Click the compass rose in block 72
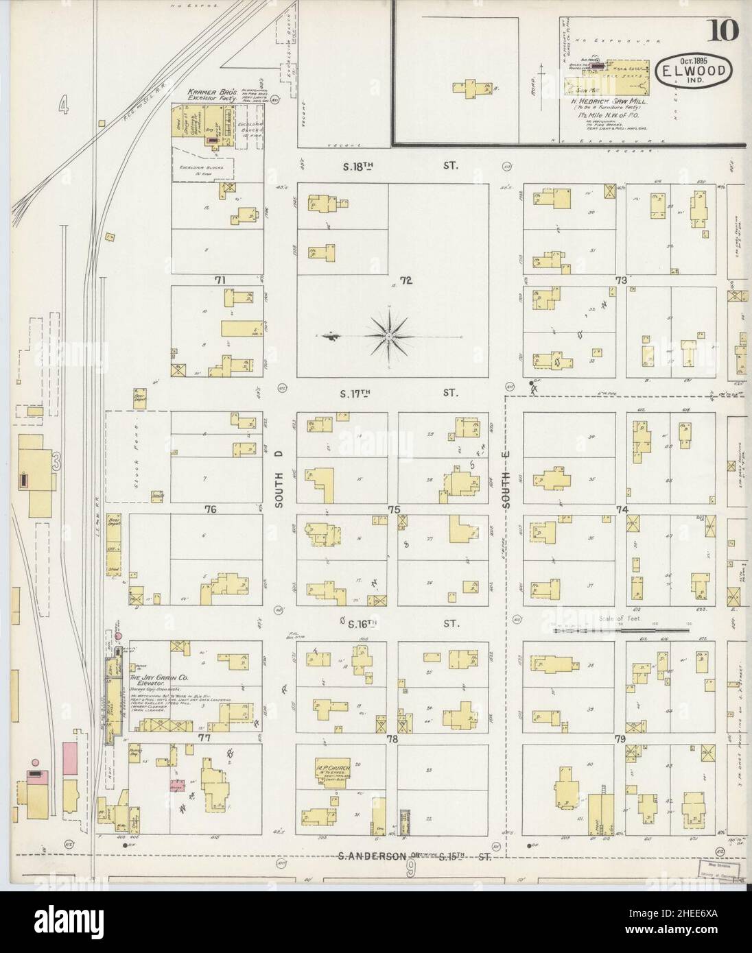[388, 336]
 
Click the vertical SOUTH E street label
[508, 491]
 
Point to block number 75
[393, 509]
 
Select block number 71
[220, 279]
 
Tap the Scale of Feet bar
[621, 627]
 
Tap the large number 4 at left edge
[62, 105]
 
